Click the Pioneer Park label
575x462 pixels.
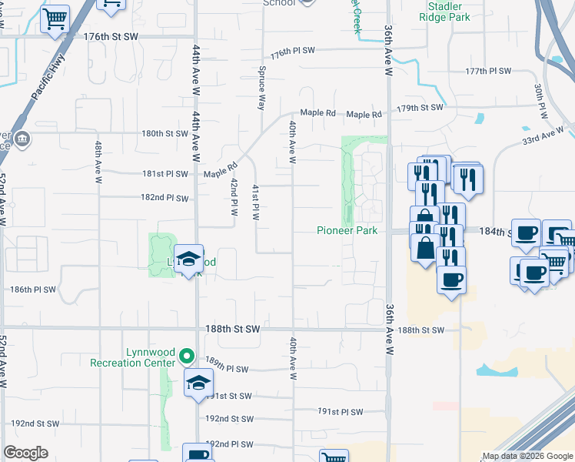point(347,231)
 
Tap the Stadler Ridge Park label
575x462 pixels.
point(450,11)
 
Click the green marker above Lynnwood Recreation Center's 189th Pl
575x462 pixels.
point(186,357)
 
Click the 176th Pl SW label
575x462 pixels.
point(293,51)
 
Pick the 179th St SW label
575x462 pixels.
point(420,108)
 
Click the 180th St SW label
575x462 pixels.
point(165,133)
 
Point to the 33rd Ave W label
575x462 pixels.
point(543,136)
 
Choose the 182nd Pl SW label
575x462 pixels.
point(165,198)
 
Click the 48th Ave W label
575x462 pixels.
point(98,162)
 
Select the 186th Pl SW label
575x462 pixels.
point(34,290)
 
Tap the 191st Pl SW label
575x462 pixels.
point(340,412)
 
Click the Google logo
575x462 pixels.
point(26,453)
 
